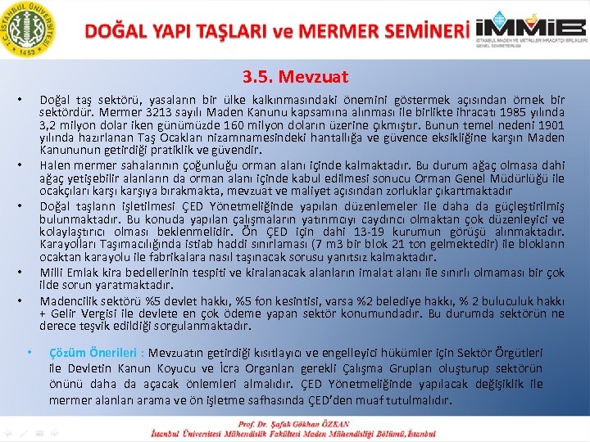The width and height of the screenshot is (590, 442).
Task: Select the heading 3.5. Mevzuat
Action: [295, 77]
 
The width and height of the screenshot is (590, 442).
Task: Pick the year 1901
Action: [548, 125]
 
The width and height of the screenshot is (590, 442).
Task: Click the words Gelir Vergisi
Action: [84, 313]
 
